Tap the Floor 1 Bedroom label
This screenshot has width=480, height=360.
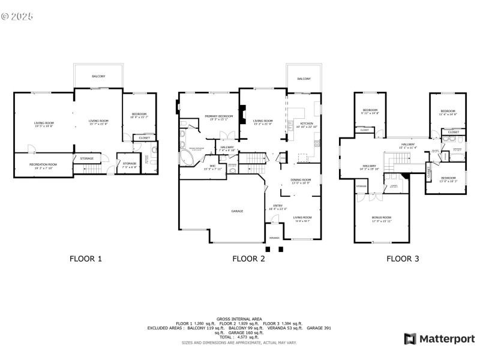(139, 115)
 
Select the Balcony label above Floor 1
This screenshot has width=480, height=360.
(98, 77)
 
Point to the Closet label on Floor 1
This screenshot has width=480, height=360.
(145, 138)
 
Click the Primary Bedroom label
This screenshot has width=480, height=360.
(218, 116)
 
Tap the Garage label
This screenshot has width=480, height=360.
(237, 211)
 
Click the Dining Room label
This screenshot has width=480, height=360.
(301, 180)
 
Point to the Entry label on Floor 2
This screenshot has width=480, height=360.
(278, 206)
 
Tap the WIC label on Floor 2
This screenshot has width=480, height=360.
(212, 166)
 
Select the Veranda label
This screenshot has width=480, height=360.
(274, 238)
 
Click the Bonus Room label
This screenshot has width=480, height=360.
(381, 217)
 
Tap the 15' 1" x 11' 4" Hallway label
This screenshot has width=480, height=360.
(407, 145)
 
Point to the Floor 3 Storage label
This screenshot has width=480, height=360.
(361, 187)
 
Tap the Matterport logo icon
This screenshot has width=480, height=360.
(410, 339)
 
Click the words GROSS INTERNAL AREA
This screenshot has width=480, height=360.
(239, 319)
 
